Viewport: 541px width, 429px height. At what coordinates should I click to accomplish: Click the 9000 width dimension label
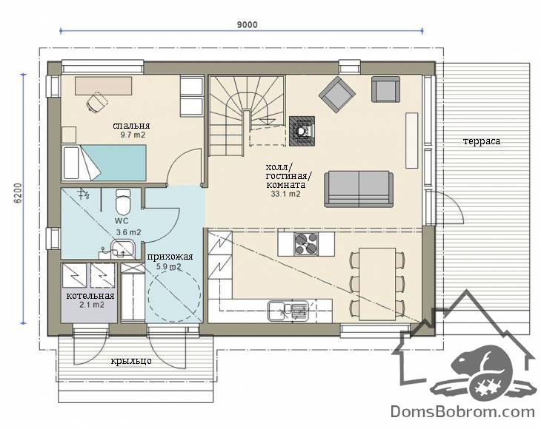tap(247, 25)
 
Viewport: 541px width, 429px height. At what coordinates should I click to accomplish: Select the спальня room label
tap(131, 126)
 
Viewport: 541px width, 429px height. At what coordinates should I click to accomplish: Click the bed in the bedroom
tap(104, 163)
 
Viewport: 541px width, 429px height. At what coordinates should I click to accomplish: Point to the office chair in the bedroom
tap(98, 101)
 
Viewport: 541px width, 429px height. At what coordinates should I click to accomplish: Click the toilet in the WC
tap(123, 202)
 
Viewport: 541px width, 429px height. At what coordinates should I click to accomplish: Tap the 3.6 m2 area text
tap(128, 232)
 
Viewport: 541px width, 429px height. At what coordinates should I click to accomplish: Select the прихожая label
tap(170, 257)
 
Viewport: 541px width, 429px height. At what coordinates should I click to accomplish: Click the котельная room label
tap(90, 296)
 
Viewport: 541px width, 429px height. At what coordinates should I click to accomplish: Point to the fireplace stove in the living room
tap(302, 131)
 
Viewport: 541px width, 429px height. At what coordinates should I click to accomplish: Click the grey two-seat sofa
tap(359, 189)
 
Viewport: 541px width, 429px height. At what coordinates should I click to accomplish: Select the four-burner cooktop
tap(306, 244)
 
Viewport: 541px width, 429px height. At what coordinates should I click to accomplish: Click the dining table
tap(377, 284)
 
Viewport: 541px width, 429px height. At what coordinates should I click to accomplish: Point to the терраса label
tap(481, 141)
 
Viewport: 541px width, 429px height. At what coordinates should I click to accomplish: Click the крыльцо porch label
tap(131, 361)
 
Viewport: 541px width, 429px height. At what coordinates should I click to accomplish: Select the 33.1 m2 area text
tap(285, 194)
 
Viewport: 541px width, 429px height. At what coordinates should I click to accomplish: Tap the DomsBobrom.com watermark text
tap(462, 412)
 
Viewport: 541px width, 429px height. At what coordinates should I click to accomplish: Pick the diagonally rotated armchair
tap(337, 95)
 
